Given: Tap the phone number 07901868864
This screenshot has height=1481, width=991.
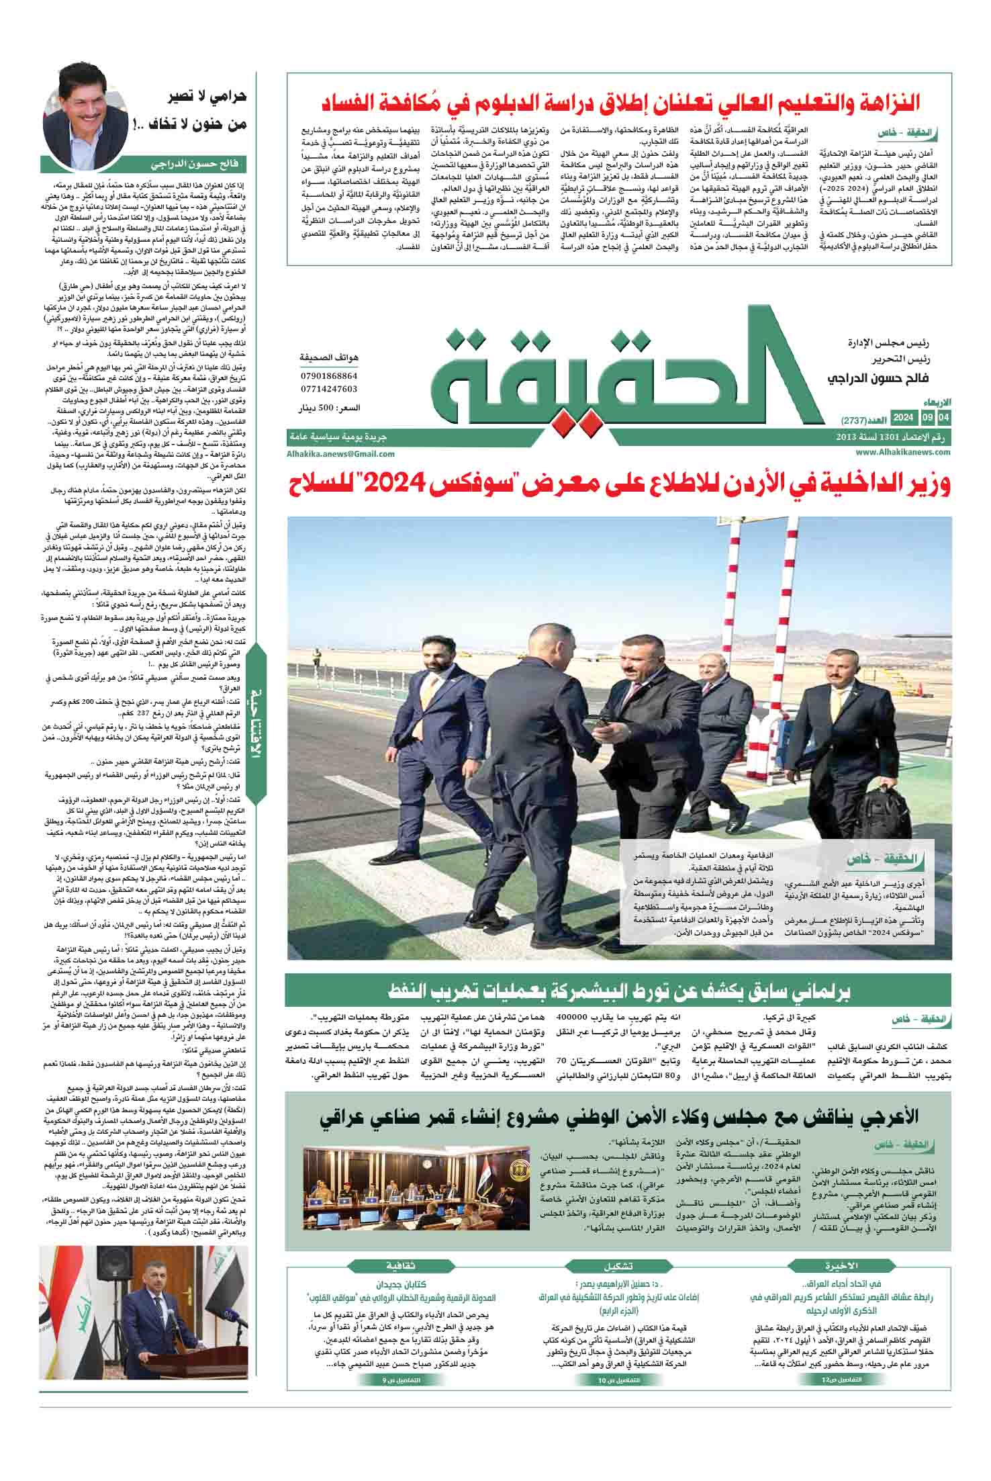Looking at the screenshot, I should pyautogui.click(x=329, y=376).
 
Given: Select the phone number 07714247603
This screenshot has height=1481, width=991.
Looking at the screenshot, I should pyautogui.click(x=329, y=389).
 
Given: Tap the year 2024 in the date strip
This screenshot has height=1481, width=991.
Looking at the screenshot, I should pyautogui.click(x=903, y=418).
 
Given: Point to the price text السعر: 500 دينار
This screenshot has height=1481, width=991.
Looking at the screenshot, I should pyautogui.click(x=329, y=408).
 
